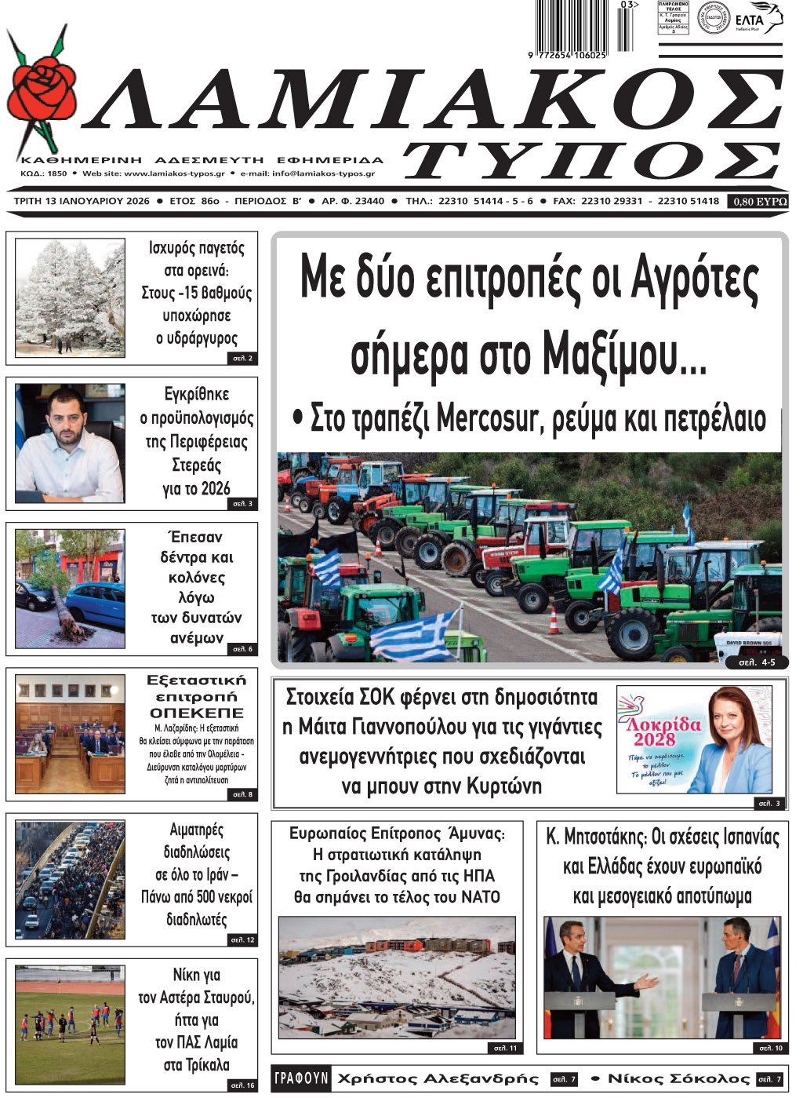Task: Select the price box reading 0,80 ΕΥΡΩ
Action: pyautogui.click(x=759, y=202)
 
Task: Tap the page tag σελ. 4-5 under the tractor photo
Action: pyautogui.click(x=757, y=662)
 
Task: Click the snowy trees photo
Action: pyautogui.click(x=70, y=297)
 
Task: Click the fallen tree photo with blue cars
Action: pyautogui.click(x=70, y=589)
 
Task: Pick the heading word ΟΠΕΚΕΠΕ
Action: pyautogui.click(x=197, y=713)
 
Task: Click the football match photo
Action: pyautogui.click(x=70, y=1023)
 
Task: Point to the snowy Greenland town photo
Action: pyautogui.click(x=397, y=977)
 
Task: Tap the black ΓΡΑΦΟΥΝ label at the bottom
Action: pyautogui.click(x=301, y=1078)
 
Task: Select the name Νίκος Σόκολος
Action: pyautogui.click(x=678, y=1078)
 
